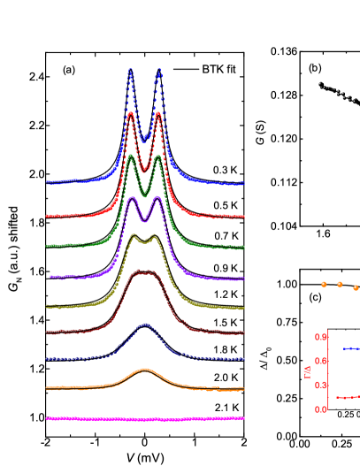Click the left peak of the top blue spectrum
[x=130, y=71]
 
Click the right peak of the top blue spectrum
[x=158, y=72]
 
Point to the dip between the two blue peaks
[x=144, y=139]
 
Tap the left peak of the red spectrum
[x=131, y=113]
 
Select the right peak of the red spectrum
[x=157, y=113]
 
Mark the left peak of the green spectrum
[x=131, y=156]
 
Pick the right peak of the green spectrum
[x=157, y=157]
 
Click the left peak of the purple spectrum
[x=132, y=198]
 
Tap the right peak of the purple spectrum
[x=157, y=198]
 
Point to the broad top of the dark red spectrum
[x=144, y=272]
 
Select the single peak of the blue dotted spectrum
[x=145, y=325]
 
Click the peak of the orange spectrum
[x=145, y=370]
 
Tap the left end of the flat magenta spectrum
[x=48, y=418]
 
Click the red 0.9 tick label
[x=321, y=336]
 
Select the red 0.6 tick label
[x=321, y=361]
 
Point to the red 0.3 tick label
[x=321, y=385]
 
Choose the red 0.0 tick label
[x=321, y=409]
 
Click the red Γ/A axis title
[x=308, y=373]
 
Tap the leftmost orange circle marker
[x=324, y=285]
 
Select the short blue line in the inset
[x=351, y=348]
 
